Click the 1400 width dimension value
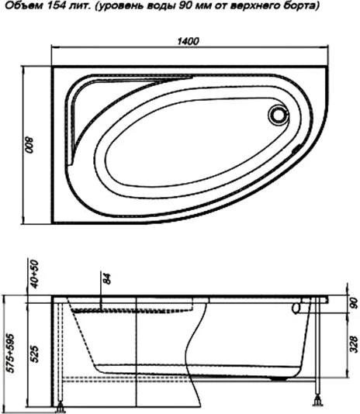188,41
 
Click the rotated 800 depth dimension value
29,145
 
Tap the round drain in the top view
278,115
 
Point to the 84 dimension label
106,279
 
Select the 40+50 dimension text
34,274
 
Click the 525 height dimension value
34,354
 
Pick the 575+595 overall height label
11,354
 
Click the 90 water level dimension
353,303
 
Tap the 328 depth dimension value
353,344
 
